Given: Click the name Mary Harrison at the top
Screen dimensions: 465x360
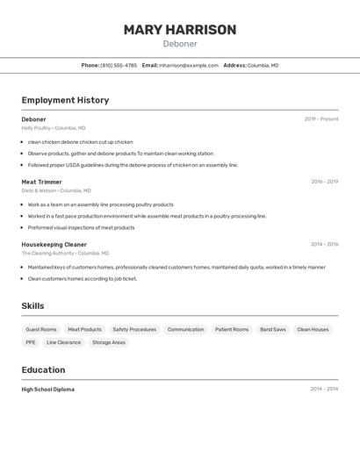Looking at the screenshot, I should [180, 30].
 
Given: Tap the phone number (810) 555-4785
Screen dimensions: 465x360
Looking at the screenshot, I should [119, 65].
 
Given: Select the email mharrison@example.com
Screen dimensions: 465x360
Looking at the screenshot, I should [188, 65].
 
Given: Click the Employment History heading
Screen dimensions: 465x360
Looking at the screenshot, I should [65, 100].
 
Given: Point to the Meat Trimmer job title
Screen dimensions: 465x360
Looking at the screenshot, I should [41, 182].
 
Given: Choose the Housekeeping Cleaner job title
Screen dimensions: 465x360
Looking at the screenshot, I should [54, 245].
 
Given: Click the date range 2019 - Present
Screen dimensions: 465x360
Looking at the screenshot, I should [320, 119].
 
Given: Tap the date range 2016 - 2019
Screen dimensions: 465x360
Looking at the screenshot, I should [324, 182].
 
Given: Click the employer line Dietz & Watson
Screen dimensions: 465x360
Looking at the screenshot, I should [55, 190].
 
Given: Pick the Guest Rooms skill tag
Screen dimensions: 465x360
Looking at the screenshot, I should [41, 330].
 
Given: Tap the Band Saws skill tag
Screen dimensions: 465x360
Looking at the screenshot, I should [272, 330].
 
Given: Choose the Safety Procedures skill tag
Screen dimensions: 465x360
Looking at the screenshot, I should [134, 330].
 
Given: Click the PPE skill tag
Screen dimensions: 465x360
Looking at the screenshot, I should [31, 343].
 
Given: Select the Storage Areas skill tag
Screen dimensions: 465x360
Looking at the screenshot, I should [109, 343].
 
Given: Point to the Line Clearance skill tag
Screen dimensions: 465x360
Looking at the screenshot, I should [63, 343].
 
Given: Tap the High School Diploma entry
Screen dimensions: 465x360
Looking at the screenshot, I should [47, 390].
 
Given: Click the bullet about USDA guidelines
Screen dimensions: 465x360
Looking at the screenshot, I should [133, 165].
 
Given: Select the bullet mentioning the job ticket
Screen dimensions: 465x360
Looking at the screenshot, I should [82, 279].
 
